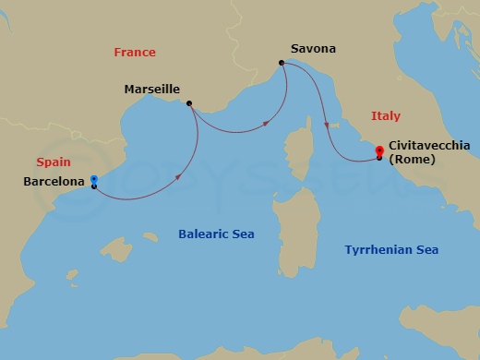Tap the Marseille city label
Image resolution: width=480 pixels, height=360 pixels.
pos(152,90)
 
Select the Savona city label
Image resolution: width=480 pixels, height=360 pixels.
pos(312,49)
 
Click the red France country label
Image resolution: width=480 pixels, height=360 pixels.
pos(135,53)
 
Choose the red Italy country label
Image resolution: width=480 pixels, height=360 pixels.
pos(385,116)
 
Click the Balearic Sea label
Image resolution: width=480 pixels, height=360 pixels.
pos(216,234)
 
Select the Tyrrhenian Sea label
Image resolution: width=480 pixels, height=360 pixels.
pos(391,250)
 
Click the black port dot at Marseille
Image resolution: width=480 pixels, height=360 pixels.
pos(188,103)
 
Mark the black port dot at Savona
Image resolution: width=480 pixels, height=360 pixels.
pos(281,63)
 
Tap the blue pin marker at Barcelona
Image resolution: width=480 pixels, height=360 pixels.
pos(94,179)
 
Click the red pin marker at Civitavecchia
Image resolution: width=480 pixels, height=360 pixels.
pos(379,150)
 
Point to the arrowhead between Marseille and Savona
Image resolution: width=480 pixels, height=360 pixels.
pos(266,122)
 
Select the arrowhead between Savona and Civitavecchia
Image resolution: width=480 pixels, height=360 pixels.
pos(327,126)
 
